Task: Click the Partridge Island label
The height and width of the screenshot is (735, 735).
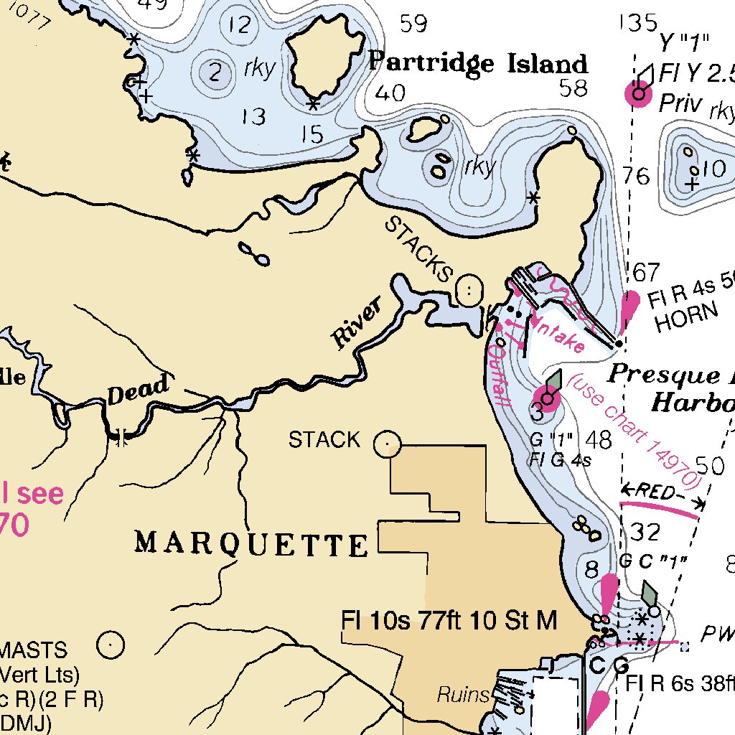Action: pos(478,63)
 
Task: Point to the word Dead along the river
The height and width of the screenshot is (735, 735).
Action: pos(139,390)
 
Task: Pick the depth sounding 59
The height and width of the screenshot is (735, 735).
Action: pos(414,24)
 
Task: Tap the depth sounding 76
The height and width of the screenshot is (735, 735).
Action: pos(637,177)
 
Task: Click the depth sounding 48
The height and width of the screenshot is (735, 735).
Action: pos(599,439)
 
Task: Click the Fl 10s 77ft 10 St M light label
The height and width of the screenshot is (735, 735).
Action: pos(449,620)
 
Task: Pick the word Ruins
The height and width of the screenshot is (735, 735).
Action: pos(464,695)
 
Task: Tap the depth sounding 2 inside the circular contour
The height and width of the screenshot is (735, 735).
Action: pos(214,72)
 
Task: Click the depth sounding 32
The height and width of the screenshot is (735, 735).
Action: pos(645,533)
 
